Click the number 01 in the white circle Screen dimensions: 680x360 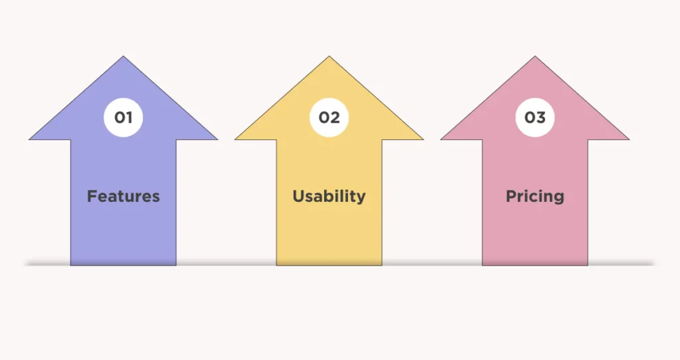(x=123, y=117)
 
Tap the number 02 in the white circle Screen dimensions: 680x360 (x=329, y=117)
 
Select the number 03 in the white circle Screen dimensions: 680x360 (x=535, y=117)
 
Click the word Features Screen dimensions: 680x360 (x=124, y=196)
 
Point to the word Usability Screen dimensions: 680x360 (x=329, y=197)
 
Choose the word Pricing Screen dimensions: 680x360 (x=535, y=197)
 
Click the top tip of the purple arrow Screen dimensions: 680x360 (x=123, y=56)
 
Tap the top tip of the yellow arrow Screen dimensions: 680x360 (x=329, y=56)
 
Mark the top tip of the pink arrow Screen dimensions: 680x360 (x=535, y=56)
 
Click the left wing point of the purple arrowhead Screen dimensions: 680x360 (x=29, y=139)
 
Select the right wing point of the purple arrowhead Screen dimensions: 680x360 (x=218, y=139)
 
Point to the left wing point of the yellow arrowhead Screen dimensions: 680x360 (x=235, y=139)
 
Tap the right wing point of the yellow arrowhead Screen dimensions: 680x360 (x=423, y=139)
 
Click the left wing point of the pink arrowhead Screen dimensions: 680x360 (x=441, y=139)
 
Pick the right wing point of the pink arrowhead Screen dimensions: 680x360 (x=630, y=139)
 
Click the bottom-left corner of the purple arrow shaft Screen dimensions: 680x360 (x=70, y=265)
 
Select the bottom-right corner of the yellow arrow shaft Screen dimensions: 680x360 (x=382, y=265)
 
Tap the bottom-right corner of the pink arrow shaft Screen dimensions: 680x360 (x=588, y=265)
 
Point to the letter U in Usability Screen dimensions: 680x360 (x=299, y=196)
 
